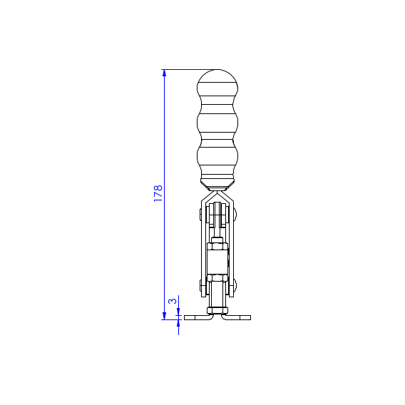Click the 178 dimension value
[x=158, y=193]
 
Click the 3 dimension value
[x=173, y=301]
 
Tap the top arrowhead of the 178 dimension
[x=164, y=73]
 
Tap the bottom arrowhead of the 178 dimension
[x=164, y=316]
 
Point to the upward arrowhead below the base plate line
[x=178, y=323]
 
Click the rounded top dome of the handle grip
[x=217, y=76]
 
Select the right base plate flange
[x=236, y=317]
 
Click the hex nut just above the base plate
[x=217, y=310]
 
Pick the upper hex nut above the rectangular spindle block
[x=217, y=246]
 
